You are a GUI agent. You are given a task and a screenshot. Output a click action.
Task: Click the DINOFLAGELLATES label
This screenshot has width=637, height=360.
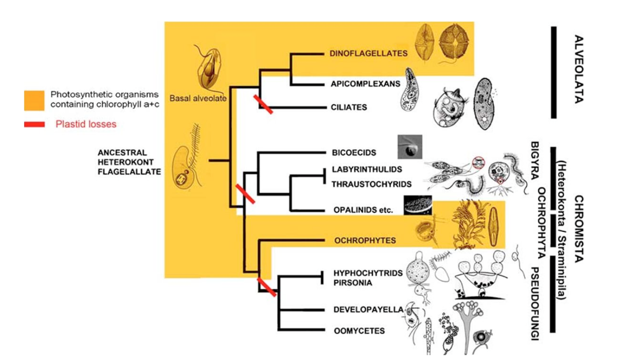pos(368,54)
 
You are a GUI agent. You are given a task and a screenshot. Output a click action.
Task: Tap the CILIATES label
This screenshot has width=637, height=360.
pos(349,107)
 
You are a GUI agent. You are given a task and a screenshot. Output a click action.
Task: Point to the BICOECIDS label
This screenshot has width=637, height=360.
pos(353,153)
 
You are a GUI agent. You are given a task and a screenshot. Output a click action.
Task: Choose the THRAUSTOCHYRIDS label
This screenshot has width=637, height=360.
pos(371,184)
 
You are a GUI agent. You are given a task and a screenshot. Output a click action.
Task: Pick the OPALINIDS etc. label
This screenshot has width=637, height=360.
pos(362,211)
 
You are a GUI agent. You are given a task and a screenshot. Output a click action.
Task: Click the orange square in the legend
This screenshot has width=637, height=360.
pos(34,100)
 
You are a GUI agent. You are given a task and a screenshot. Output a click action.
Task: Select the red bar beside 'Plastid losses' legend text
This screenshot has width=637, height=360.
pos(34,124)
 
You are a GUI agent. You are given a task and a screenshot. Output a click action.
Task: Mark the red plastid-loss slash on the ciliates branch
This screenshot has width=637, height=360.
pos(263,104)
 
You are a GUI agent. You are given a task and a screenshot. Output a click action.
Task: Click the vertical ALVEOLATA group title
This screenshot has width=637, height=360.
pos(574,69)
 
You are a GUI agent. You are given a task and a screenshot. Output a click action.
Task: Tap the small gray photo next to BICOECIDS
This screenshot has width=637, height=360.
pos(410,147)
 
